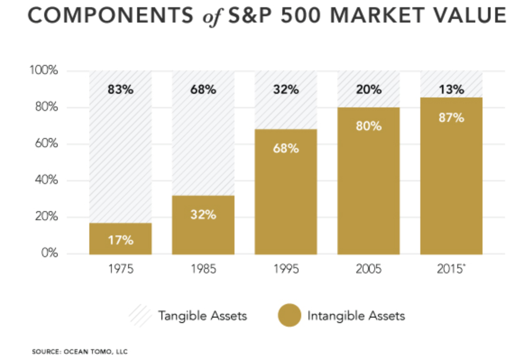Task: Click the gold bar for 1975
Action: pos(120,238)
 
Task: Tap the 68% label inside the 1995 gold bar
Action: pos(286,148)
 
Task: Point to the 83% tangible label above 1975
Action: pos(120,89)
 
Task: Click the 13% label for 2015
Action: pos(451,89)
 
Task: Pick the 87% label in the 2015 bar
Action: pos(451,118)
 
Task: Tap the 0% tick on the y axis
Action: pos(50,253)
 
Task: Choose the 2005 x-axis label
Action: pos(368,269)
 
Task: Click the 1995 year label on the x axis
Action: pos(286,269)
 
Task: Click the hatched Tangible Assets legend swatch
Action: pos(140,315)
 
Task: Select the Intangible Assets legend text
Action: pos(356,315)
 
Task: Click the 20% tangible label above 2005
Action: pos(368,89)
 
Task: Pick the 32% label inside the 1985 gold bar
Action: pos(203,214)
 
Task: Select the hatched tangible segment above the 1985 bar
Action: pos(203,144)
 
